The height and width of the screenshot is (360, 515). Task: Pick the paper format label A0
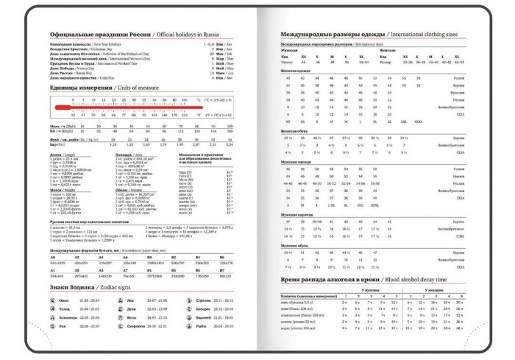(x=52, y=257)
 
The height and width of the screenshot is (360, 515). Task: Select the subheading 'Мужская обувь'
(x=296, y=246)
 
